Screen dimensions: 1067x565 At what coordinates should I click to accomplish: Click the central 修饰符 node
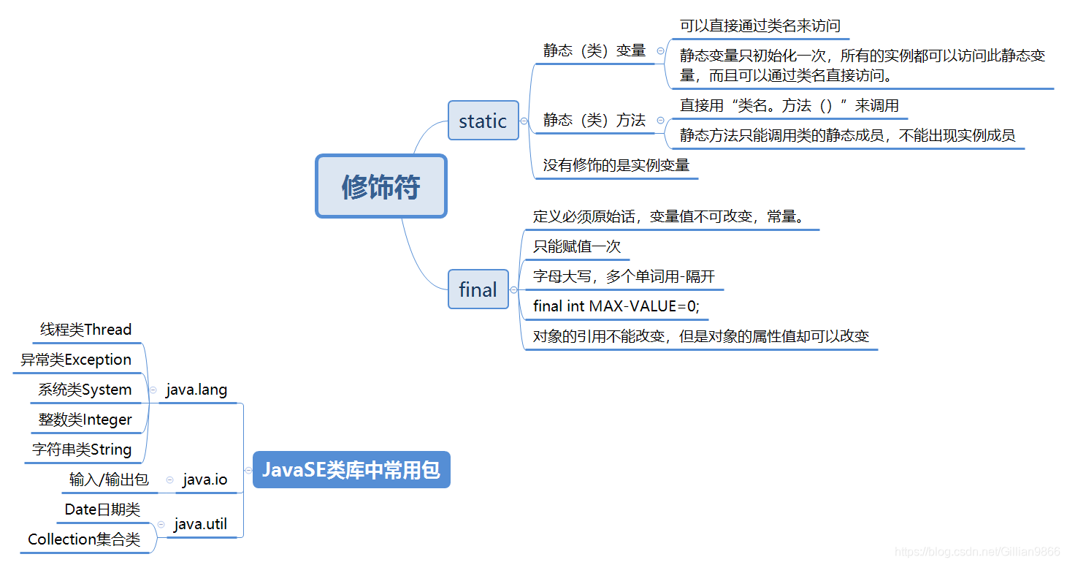pos(380,186)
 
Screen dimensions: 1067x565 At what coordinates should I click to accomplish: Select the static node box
pos(483,121)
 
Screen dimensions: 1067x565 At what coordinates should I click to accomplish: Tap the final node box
pos(478,289)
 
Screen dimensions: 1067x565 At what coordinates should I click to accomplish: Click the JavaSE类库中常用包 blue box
pos(351,470)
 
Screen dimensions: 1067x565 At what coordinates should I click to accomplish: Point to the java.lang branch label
pos(196,390)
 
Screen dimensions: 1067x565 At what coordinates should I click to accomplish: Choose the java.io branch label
pos(204,480)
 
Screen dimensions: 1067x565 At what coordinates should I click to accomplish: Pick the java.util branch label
pos(201,525)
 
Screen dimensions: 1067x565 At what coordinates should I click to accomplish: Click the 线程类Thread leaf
pos(85,330)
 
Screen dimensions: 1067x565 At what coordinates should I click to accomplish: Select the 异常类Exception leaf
pos(76,360)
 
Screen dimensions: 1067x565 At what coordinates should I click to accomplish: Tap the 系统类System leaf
pos(85,390)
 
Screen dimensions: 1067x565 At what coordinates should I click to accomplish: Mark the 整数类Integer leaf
pos(85,420)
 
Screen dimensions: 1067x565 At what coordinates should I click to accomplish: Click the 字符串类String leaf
pos(82,450)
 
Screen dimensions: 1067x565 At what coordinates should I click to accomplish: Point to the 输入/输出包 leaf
pos(109,480)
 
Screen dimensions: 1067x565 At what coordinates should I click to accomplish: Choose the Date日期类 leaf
pos(102,510)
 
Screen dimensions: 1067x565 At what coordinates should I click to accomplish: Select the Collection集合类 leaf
pos(84,540)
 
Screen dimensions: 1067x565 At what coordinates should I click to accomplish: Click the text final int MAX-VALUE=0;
pos(616,306)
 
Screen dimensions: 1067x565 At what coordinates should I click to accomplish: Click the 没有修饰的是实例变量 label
pos(616,165)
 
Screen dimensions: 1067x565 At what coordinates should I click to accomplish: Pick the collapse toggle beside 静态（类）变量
pos(660,50)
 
